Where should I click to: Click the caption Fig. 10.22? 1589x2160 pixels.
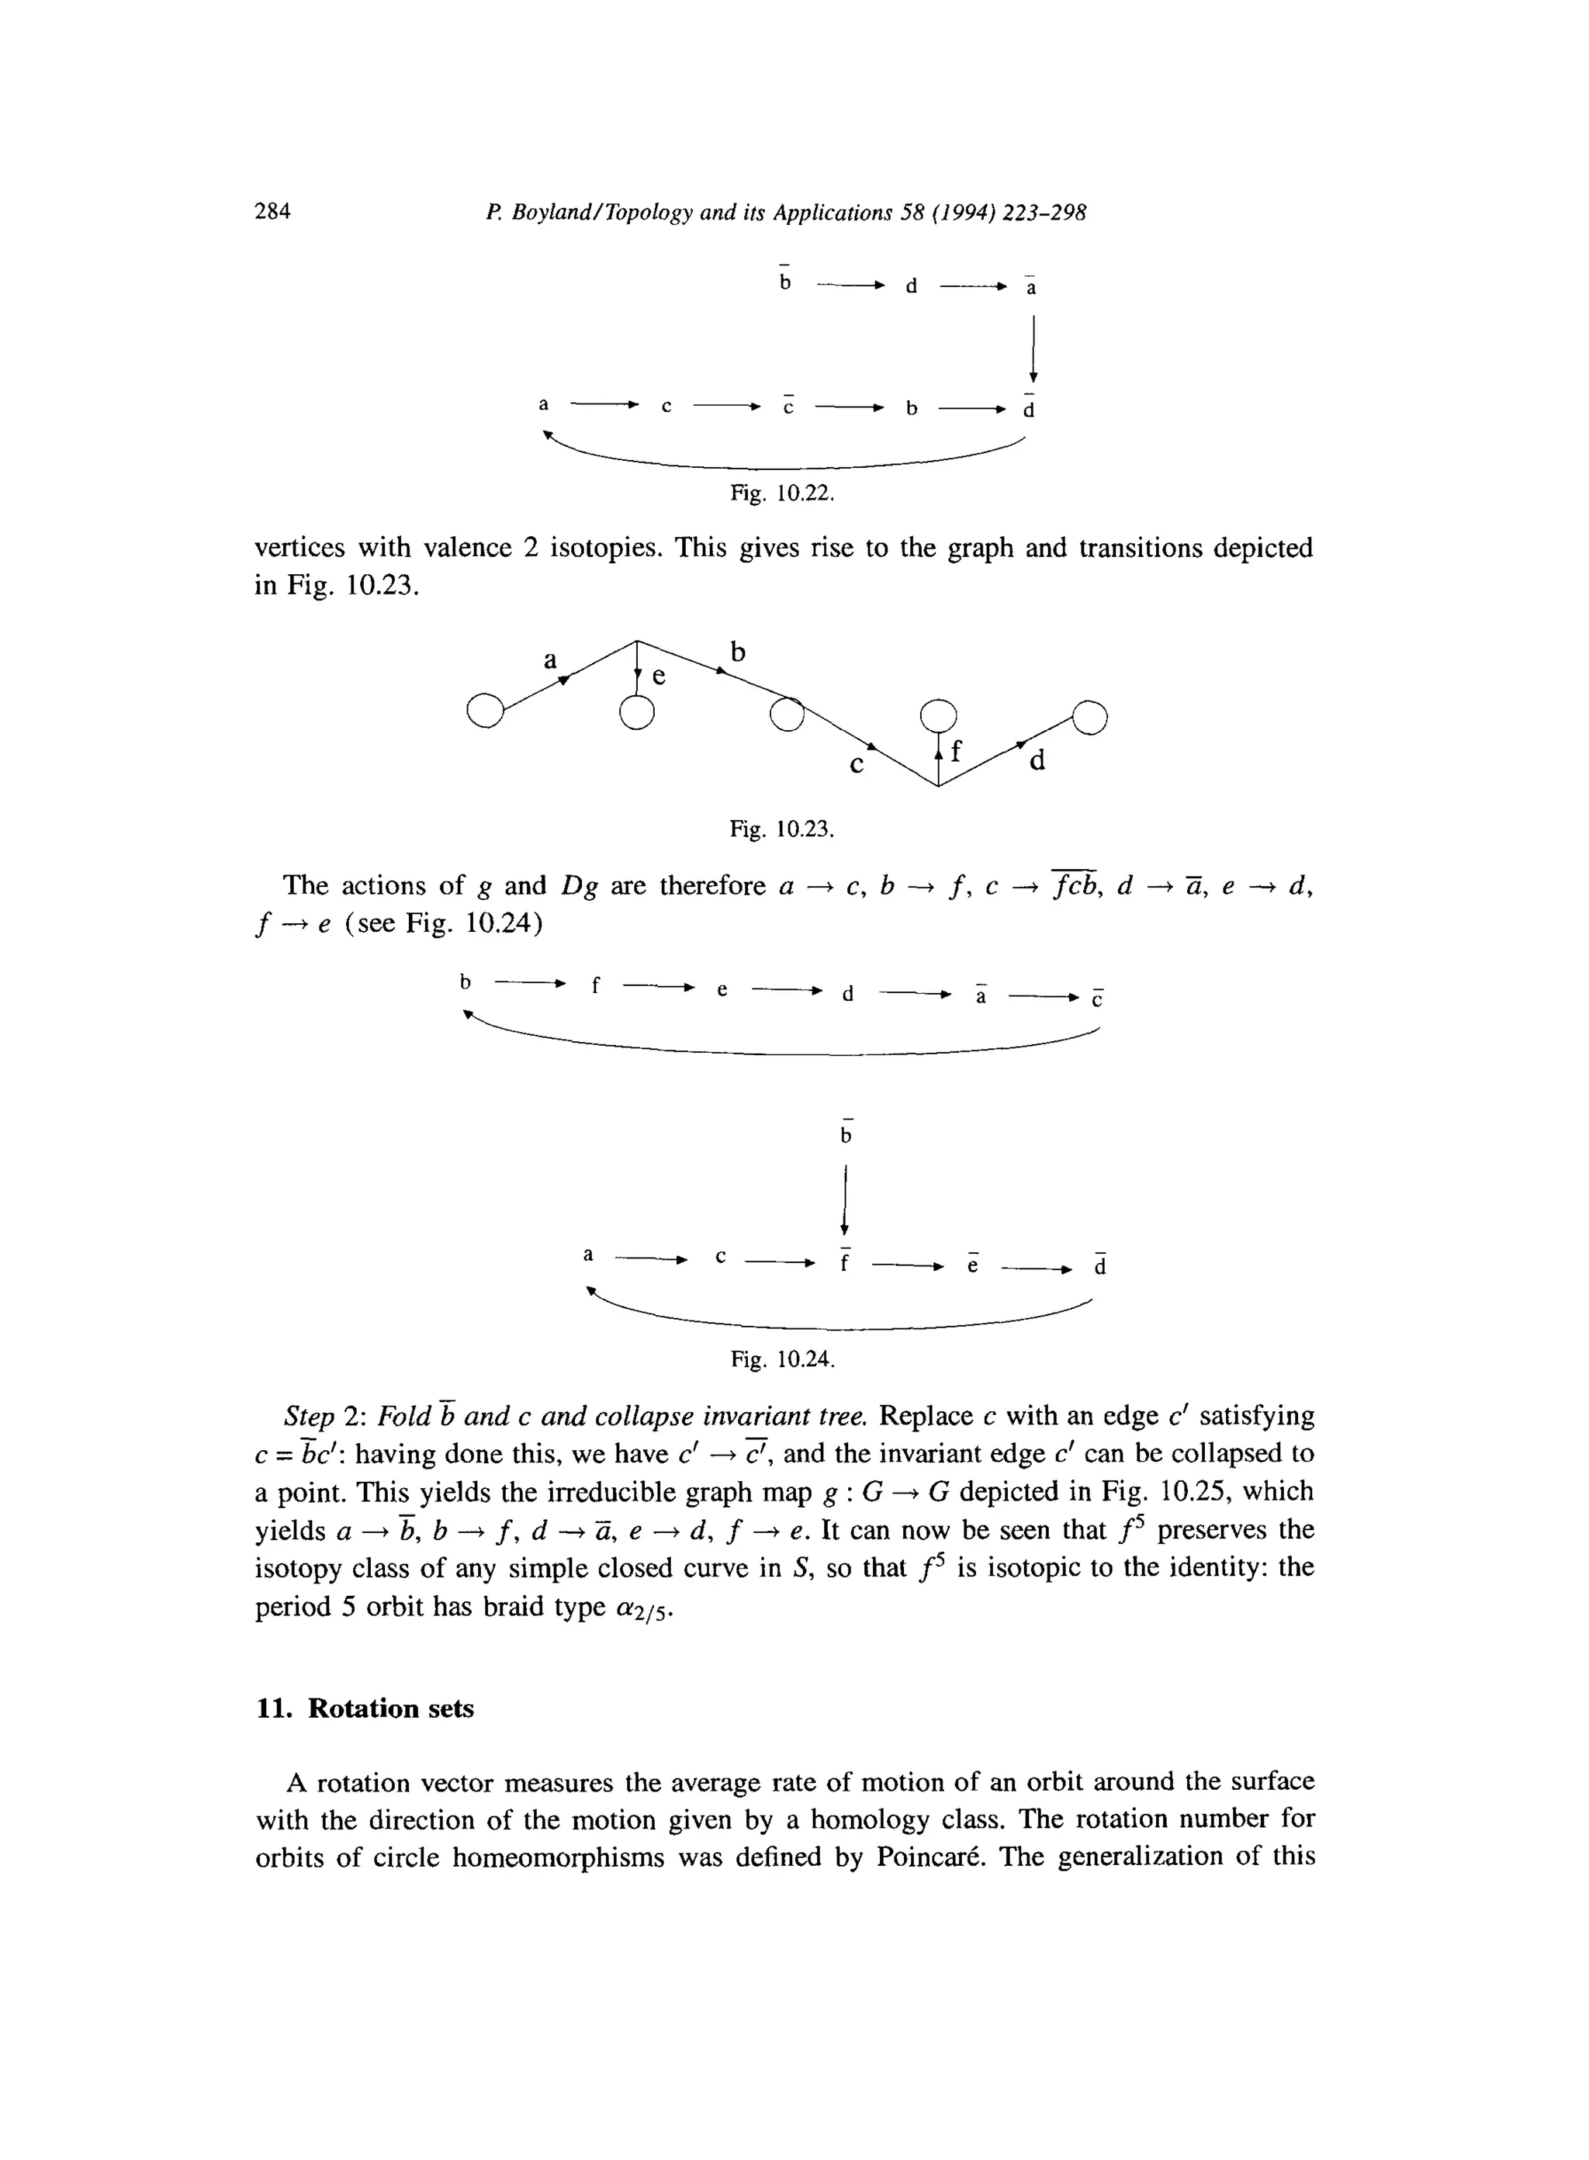point(781,493)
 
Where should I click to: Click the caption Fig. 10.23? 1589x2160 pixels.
point(781,828)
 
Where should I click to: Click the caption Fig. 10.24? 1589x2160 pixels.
point(782,1359)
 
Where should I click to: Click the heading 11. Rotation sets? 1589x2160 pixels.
point(365,1708)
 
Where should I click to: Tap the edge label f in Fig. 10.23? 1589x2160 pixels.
point(955,751)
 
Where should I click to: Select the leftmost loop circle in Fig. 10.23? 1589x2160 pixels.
point(484,711)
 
